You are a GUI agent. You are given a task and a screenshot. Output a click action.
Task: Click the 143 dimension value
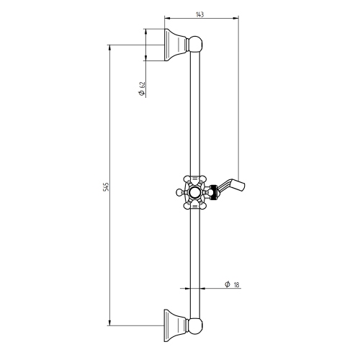pos(199,14)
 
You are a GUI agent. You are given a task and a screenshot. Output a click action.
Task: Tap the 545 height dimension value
pos(106,186)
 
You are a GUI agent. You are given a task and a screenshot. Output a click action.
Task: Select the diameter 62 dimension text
pos(142,89)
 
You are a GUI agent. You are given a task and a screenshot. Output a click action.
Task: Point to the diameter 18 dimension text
pos(232,284)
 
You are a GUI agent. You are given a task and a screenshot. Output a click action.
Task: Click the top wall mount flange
pos(175,45)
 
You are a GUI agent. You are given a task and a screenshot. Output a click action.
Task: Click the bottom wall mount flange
pos(175,325)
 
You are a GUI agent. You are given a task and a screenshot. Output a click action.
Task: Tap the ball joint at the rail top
pos(195,44)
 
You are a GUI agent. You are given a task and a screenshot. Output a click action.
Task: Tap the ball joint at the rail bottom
pos(195,326)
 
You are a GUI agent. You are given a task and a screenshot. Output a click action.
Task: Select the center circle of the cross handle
pos(194,192)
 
